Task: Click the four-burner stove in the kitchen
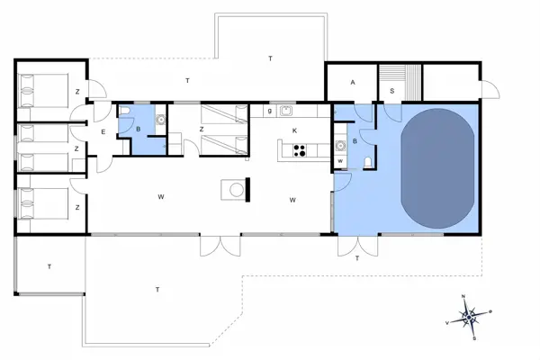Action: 300,150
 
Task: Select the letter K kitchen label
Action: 294,130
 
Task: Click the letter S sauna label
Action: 393,90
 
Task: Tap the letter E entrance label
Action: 103,132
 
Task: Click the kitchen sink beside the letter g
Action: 286,112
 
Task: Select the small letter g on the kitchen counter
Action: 269,112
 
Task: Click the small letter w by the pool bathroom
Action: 341,162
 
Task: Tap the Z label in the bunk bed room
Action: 76,148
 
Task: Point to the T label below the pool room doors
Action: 357,258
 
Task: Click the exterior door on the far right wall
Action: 490,90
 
